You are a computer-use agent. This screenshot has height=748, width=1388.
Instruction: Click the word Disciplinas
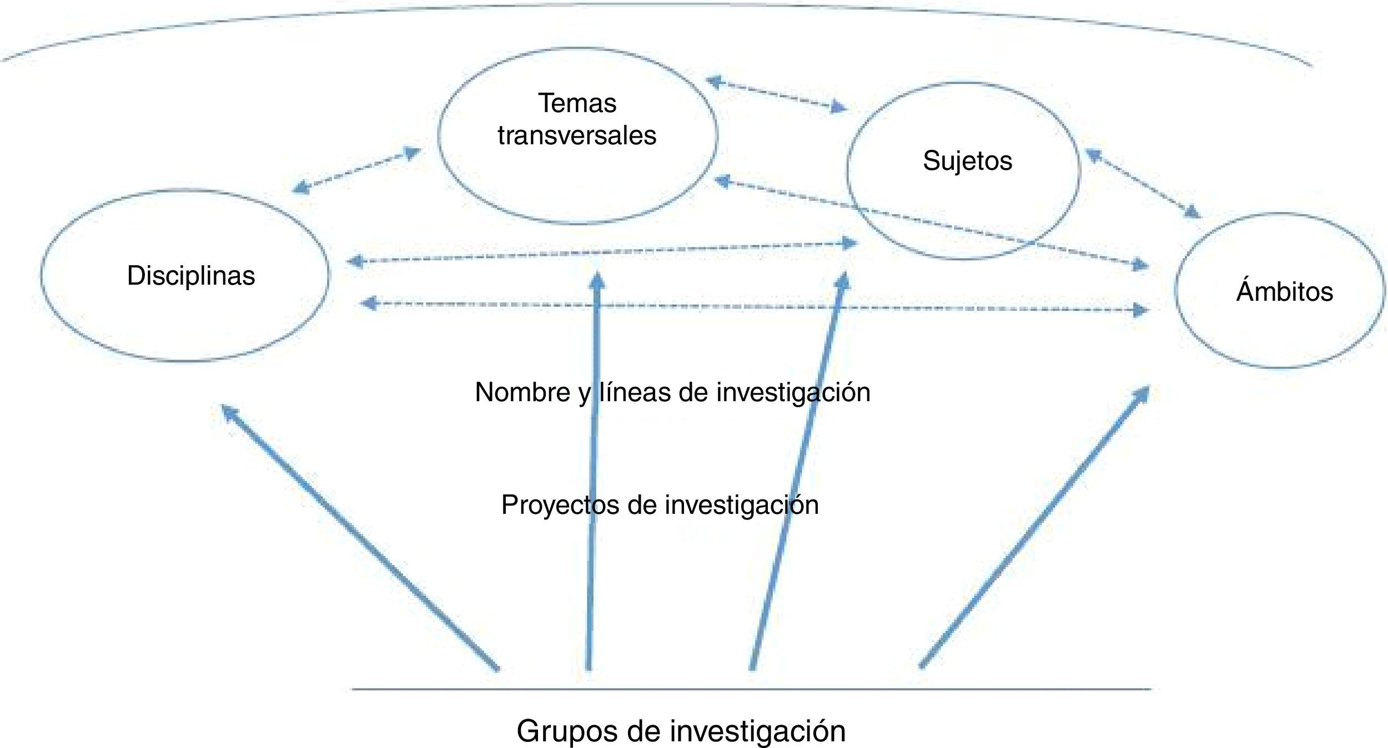(x=191, y=276)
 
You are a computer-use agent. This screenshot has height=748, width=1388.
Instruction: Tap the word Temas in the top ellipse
(x=577, y=103)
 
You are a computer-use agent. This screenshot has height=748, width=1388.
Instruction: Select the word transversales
(x=577, y=135)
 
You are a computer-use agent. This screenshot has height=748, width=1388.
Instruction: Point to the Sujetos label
(x=967, y=161)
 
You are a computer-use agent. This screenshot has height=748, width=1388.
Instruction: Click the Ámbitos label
(x=1284, y=291)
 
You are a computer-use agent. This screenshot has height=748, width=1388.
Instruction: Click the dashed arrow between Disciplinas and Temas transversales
(x=355, y=170)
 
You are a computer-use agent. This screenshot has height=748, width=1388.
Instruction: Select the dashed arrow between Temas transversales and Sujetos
(x=777, y=95)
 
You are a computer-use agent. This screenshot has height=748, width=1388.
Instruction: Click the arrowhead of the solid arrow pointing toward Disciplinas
(x=229, y=412)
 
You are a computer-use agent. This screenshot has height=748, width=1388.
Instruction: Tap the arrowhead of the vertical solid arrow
(x=597, y=279)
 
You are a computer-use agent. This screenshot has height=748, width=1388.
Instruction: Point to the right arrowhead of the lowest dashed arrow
(x=1140, y=310)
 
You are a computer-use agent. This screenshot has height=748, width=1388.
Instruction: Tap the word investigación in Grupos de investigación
(x=757, y=730)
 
